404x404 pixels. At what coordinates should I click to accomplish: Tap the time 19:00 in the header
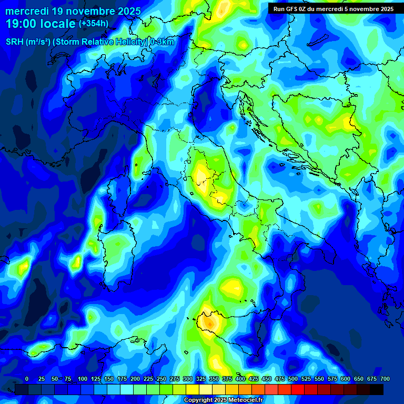21,24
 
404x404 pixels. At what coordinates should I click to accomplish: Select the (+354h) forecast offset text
93,24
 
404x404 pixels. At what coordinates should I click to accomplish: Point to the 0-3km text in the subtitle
162,42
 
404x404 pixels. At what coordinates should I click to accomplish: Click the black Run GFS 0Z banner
333,9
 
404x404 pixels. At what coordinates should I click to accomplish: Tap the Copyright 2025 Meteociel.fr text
223,400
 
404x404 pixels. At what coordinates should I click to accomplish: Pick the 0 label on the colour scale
27,379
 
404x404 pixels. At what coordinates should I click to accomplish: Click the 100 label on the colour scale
83,379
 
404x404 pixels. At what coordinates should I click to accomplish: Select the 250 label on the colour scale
161,379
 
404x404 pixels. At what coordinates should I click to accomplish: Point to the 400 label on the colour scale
240,379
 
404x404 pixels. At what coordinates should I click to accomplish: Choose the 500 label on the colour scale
293,379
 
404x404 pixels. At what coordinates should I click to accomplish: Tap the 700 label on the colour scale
385,379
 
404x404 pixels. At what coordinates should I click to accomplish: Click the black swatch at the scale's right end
377,389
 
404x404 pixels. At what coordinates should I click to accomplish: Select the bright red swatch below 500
298,389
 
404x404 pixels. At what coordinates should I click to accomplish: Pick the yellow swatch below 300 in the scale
193,389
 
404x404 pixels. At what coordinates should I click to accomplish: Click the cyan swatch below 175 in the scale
127,389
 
